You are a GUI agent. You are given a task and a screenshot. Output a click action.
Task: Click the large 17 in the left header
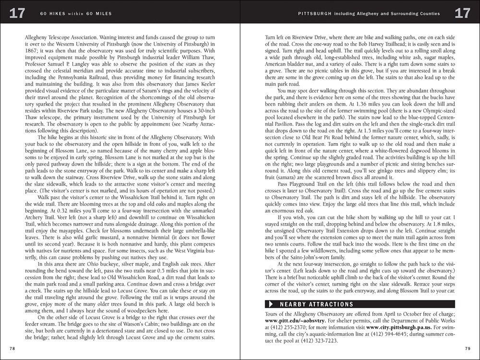(x=17, y=13)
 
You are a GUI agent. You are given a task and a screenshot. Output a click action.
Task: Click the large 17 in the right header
(x=463, y=13)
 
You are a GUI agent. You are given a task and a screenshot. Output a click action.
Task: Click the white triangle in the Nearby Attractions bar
(x=271, y=304)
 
